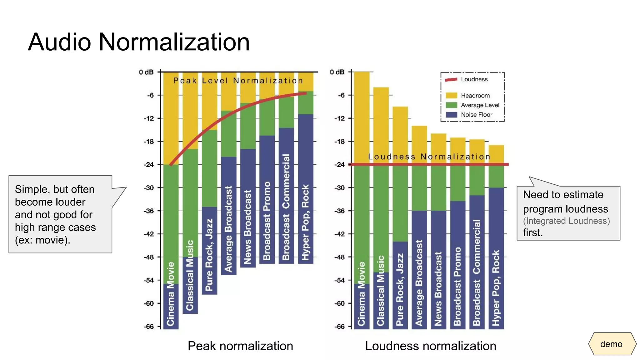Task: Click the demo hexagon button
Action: coord(612,344)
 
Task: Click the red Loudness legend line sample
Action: coord(451,79)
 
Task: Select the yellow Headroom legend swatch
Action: coord(451,95)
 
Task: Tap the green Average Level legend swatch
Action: coord(451,105)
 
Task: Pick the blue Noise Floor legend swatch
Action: coord(451,115)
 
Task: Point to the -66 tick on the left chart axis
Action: coord(149,327)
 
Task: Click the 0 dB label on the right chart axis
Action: coord(337,72)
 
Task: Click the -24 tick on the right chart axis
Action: coord(340,164)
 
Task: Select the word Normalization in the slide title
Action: coord(174,42)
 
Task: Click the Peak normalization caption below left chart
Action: coord(240,346)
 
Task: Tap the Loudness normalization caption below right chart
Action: coord(430,346)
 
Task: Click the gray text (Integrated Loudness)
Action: coord(566,221)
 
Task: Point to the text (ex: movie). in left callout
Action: coord(42,240)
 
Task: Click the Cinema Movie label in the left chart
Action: coord(171,294)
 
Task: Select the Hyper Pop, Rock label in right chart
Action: coord(496,287)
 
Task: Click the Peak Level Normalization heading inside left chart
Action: coord(238,81)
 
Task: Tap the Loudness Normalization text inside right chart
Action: coord(429,157)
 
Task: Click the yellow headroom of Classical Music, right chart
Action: coord(381,125)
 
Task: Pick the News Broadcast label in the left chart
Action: coord(247,227)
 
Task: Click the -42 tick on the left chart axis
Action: coord(149,234)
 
